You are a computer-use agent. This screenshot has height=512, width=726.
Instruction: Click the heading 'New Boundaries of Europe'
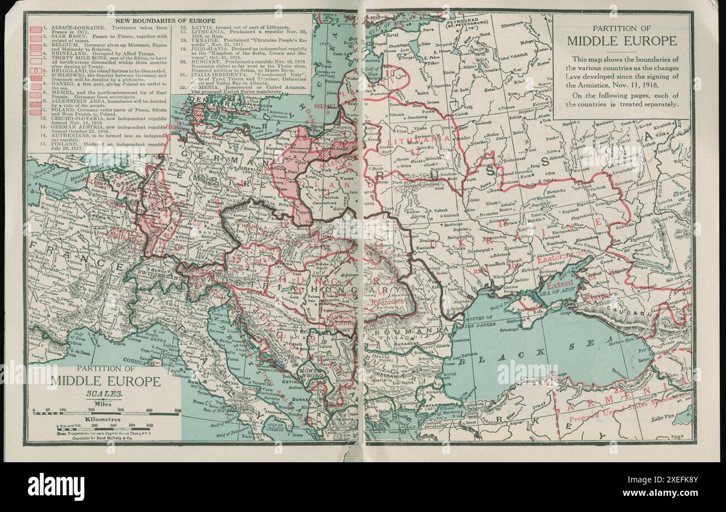click(x=165, y=21)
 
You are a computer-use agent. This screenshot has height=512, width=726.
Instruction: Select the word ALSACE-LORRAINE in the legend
click(x=69, y=27)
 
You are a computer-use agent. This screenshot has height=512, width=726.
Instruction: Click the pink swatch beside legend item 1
click(x=35, y=29)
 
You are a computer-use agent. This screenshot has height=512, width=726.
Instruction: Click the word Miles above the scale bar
click(x=103, y=403)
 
